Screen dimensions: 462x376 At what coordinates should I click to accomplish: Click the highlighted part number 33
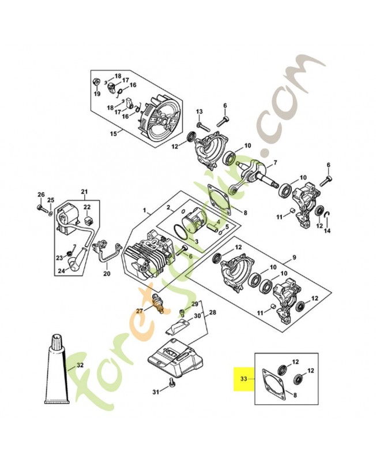pos(243,379)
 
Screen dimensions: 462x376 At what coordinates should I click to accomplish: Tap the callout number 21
pos(84,192)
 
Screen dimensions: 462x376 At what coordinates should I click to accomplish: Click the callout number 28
pos(212,312)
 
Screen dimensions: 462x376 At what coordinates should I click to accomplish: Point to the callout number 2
pos(168,207)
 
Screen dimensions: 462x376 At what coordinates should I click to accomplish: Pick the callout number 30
pos(197,316)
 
